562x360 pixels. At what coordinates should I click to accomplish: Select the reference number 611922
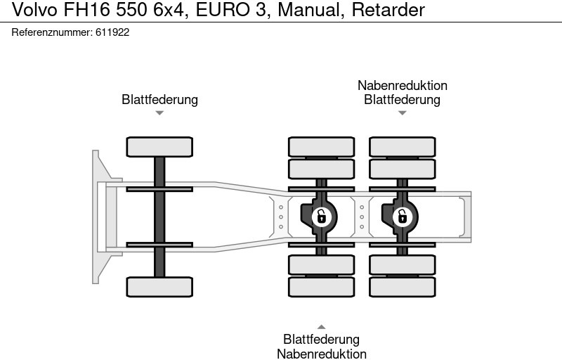point(112,32)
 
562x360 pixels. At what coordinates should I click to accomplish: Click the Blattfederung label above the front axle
point(159,100)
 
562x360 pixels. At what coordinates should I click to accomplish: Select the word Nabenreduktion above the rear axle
point(402,86)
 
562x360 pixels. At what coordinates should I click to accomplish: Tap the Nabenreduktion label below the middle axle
point(321,354)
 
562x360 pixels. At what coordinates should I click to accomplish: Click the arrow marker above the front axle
point(159,112)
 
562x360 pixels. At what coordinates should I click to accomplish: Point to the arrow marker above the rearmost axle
point(402,112)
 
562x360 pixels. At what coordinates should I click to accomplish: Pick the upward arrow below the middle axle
point(321,327)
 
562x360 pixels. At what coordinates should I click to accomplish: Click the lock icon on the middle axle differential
point(321,216)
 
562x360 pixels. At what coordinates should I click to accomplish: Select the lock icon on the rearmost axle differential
point(402,216)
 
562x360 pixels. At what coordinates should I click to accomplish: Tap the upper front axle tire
point(159,146)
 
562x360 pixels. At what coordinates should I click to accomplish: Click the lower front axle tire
point(159,286)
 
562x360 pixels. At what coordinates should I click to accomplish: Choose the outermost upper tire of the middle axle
point(321,146)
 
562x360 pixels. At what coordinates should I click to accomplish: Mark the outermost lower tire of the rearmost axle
point(403,286)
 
